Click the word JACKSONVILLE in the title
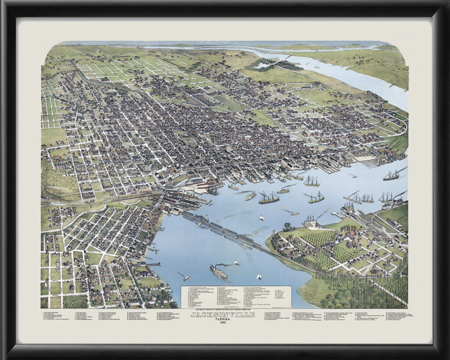222,315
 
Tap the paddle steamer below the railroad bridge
218,273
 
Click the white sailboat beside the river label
261,218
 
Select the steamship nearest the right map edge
391,175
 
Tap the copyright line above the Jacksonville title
222,310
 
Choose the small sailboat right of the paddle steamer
236,263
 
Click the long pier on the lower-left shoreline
152,264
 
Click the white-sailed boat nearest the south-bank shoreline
259,276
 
